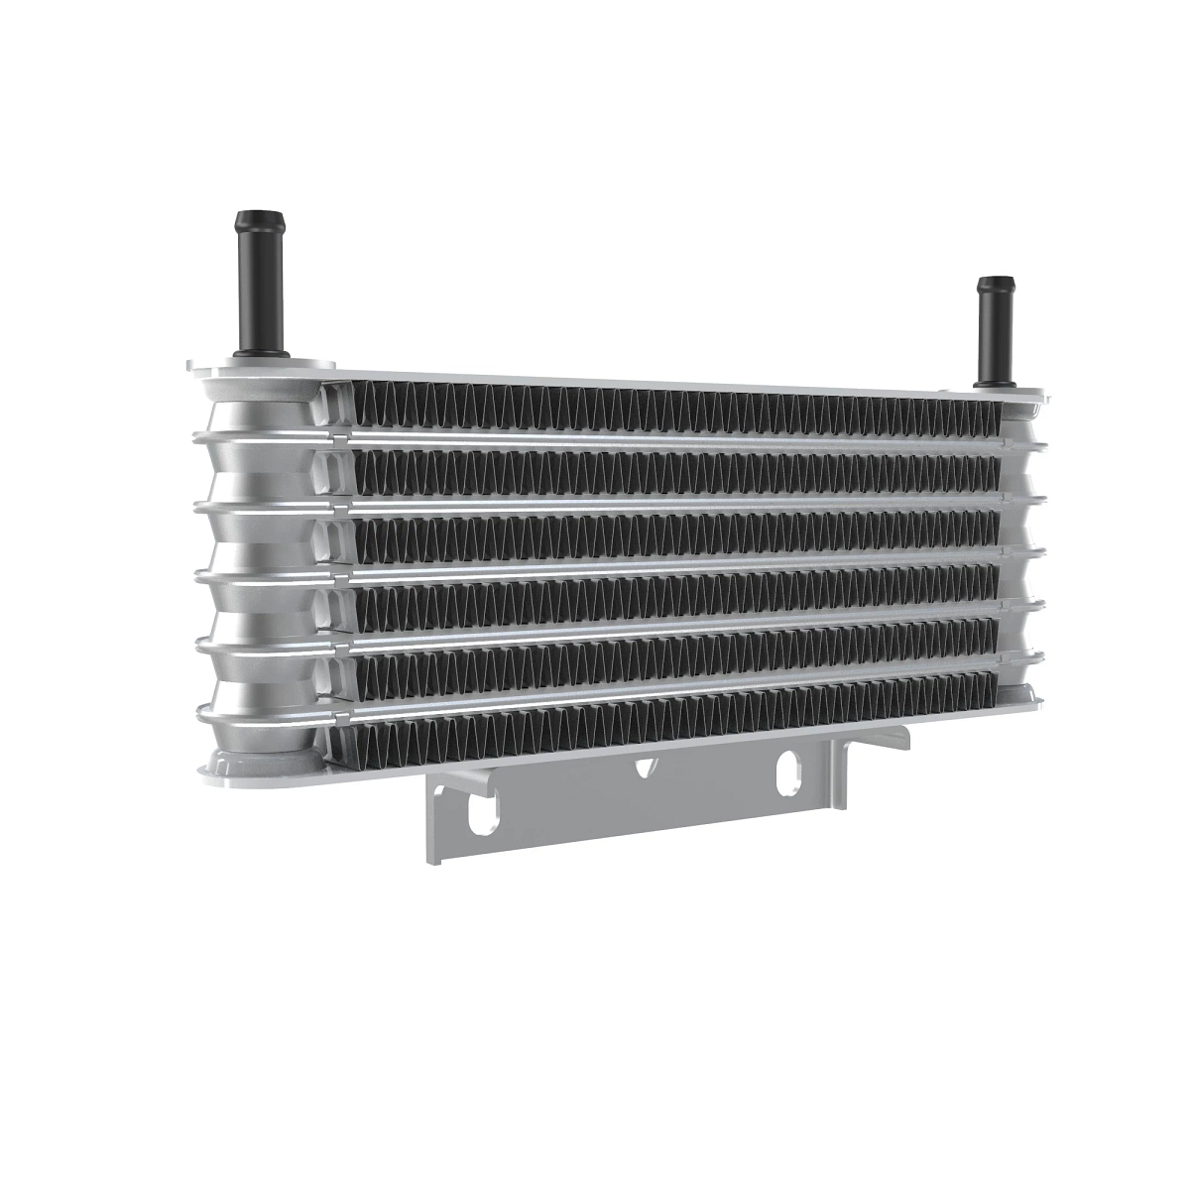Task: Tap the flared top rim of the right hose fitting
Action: coord(995,285)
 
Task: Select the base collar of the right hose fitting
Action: coord(994,380)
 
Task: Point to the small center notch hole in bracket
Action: coord(646,766)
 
